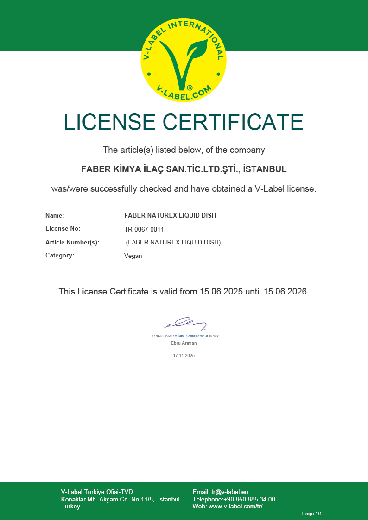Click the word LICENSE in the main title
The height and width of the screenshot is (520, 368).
point(109,122)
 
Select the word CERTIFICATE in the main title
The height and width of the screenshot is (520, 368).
point(233,122)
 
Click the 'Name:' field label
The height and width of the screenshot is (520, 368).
point(55,215)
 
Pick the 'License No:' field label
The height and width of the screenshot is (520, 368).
point(63,229)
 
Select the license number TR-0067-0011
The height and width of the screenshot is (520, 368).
point(144,229)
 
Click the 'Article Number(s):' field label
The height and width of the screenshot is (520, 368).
point(72,242)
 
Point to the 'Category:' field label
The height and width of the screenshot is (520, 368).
point(60,255)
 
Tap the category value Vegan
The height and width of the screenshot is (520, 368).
point(133,256)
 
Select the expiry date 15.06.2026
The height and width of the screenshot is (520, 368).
point(285,292)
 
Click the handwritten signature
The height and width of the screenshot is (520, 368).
point(185,323)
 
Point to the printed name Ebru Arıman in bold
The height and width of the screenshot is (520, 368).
point(184,343)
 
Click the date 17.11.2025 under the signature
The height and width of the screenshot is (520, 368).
point(184,356)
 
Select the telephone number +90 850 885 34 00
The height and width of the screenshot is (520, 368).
point(249,499)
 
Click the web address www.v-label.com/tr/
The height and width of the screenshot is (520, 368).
point(235,507)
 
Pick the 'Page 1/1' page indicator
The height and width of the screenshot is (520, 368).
point(312,514)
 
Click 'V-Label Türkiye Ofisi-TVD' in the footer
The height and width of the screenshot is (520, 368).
point(97,492)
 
